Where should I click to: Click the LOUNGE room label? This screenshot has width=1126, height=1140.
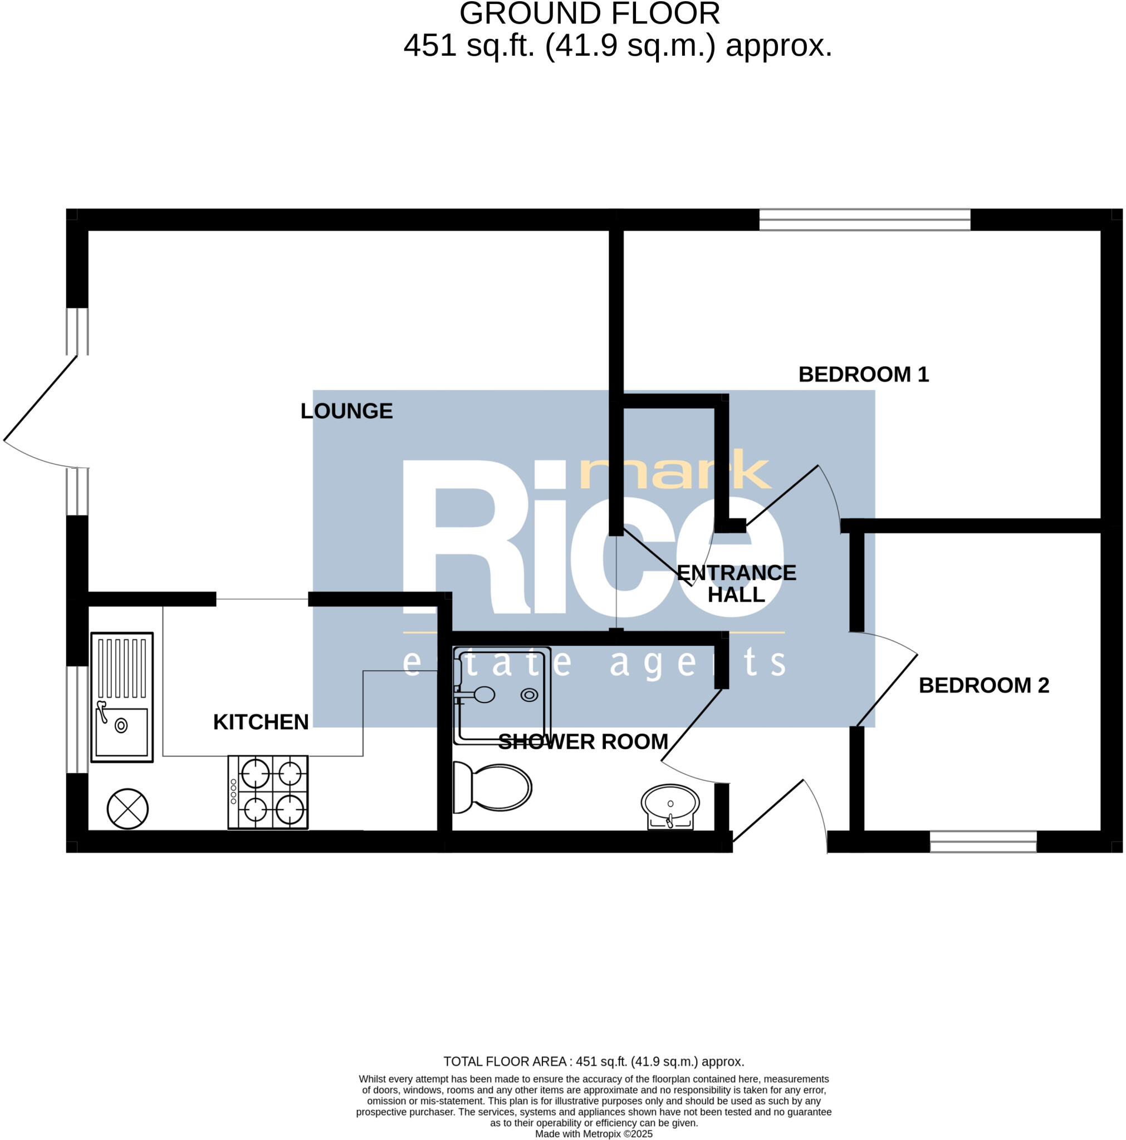[346, 411]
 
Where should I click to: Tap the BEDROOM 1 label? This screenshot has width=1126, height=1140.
[863, 375]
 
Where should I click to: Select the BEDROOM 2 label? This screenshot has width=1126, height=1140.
[983, 686]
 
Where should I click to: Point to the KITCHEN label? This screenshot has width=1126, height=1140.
[261, 722]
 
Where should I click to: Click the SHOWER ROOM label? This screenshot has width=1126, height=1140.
[583, 741]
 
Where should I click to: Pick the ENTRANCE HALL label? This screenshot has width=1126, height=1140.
[736, 583]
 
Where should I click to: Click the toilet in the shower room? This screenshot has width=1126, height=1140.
[493, 787]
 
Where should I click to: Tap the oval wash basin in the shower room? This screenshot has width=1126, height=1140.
[670, 804]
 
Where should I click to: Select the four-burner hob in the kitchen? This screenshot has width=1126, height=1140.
[268, 792]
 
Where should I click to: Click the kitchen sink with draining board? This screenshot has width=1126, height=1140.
[121, 697]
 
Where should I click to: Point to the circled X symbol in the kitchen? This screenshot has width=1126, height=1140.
[128, 809]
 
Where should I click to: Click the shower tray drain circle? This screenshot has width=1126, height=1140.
[529, 695]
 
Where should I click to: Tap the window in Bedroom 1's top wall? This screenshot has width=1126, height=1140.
[864, 219]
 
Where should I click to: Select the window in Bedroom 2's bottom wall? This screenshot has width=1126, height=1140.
[983, 842]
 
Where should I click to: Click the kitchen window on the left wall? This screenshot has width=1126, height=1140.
[77, 719]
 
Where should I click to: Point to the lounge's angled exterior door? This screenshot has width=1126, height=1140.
[40, 399]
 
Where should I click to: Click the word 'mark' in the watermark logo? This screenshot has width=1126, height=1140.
[675, 471]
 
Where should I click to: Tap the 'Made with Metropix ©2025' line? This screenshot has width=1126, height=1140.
[594, 1134]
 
